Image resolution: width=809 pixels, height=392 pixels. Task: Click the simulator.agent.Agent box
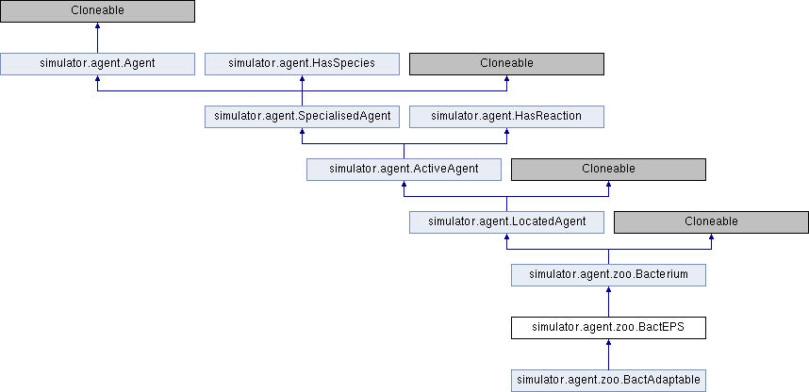pyautogui.click(x=97, y=63)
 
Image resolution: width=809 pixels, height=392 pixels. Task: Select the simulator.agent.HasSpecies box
pyautogui.click(x=302, y=63)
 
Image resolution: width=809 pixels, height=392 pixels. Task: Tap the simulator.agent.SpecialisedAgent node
pyautogui.click(x=302, y=117)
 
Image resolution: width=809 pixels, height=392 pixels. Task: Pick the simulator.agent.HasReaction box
pyautogui.click(x=506, y=117)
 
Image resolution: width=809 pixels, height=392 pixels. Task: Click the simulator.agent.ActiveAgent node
pyautogui.click(x=404, y=170)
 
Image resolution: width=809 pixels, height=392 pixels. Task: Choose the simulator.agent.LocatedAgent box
pyautogui.click(x=506, y=222)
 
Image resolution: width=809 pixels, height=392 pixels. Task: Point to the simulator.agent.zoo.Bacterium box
pyautogui.click(x=609, y=275)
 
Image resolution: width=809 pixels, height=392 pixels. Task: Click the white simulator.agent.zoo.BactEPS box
pyautogui.click(x=609, y=328)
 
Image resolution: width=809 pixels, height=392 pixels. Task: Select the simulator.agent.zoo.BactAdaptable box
pyautogui.click(x=609, y=381)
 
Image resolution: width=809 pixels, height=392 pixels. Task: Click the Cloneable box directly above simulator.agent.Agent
pyautogui.click(x=97, y=10)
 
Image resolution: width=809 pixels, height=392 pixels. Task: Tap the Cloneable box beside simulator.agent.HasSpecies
pyautogui.click(x=506, y=63)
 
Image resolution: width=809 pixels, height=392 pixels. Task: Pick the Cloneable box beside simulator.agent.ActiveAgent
pyautogui.click(x=609, y=170)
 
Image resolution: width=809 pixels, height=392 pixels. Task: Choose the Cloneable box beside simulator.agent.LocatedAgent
pyautogui.click(x=711, y=222)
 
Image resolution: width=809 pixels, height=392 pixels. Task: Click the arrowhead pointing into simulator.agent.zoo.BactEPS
pyautogui.click(x=609, y=342)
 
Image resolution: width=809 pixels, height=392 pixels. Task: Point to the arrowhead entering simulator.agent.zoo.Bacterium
pyautogui.click(x=609, y=289)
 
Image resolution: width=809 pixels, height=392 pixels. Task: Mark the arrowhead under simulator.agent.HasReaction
pyautogui.click(x=506, y=131)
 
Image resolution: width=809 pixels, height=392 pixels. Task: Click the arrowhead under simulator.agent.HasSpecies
pyautogui.click(x=302, y=78)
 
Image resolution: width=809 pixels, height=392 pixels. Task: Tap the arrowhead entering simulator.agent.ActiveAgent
pyautogui.click(x=404, y=184)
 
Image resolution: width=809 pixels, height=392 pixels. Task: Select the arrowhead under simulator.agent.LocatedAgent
pyautogui.click(x=506, y=237)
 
